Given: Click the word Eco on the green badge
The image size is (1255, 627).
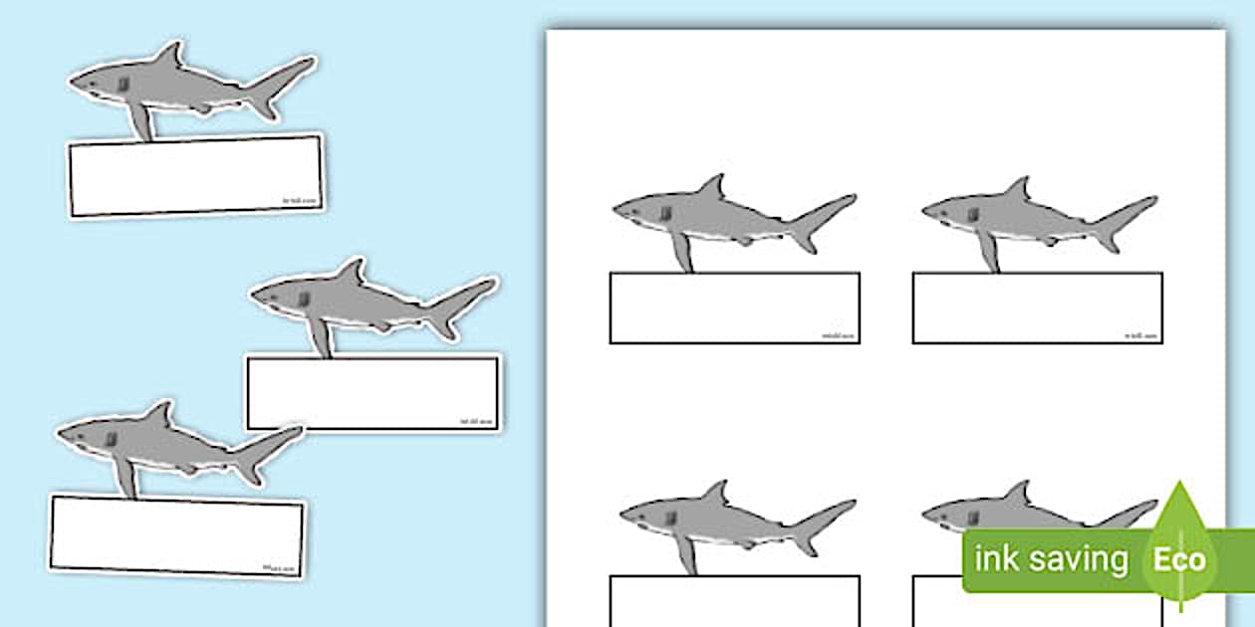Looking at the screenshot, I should coord(1179,559).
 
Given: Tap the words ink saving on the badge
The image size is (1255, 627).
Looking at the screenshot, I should coord(1051,559).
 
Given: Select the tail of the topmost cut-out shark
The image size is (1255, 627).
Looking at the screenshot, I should coord(284,85).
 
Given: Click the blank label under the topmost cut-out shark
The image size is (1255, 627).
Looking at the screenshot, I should coord(195,175).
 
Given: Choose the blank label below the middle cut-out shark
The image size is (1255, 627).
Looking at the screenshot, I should coord(374,393).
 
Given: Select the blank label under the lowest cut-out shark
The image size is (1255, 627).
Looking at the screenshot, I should coord(177,535).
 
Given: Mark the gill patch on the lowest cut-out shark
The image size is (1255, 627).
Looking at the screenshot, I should coord(111,439).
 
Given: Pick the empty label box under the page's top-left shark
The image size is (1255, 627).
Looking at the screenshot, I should coord(734,308).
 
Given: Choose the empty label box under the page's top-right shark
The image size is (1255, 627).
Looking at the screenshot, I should coord(1037,308).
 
